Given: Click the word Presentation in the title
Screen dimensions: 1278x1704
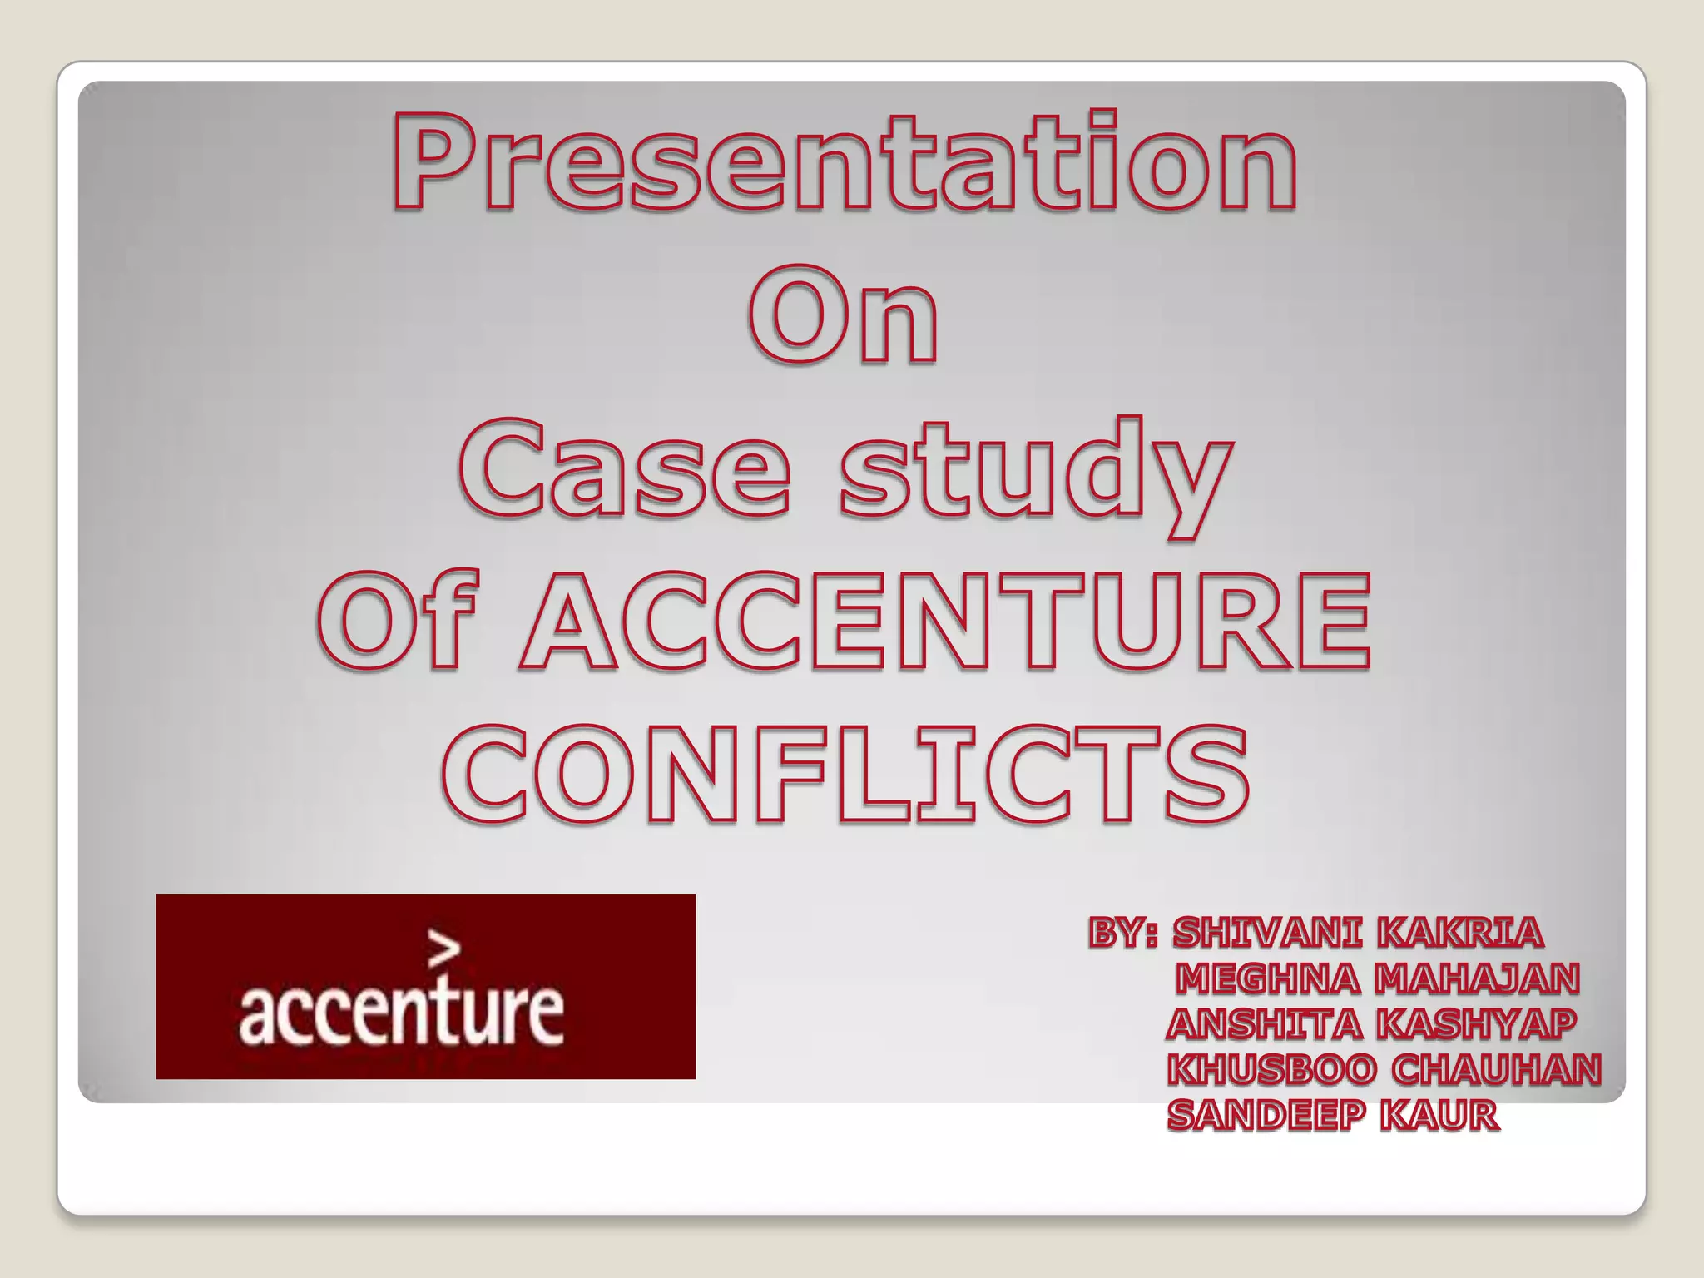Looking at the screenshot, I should (x=844, y=162).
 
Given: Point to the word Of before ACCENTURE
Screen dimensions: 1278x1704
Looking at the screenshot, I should (x=398, y=620).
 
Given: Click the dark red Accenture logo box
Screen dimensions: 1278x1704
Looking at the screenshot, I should (x=425, y=986).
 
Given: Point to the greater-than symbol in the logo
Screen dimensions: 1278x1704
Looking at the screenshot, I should (x=443, y=949).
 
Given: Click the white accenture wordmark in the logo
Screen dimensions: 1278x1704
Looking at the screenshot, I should (x=401, y=1013).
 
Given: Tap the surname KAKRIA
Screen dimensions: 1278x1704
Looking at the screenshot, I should (x=1459, y=934).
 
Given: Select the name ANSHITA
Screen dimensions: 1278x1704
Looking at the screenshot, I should (x=1264, y=1024).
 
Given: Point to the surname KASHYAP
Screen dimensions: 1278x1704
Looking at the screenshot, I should (x=1475, y=1024).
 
